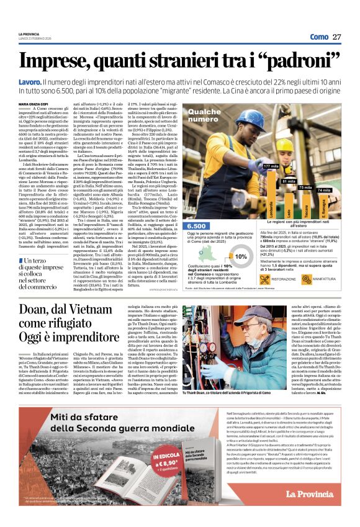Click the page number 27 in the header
pos(337,37)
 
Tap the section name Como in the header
pos(319,37)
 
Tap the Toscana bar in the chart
pos(305,205)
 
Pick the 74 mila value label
pos(324,190)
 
